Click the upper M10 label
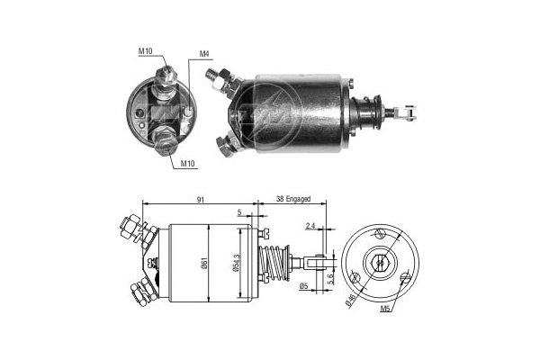(x=145, y=51)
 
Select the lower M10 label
(x=189, y=164)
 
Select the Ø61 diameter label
(x=206, y=263)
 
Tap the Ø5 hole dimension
(x=303, y=287)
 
